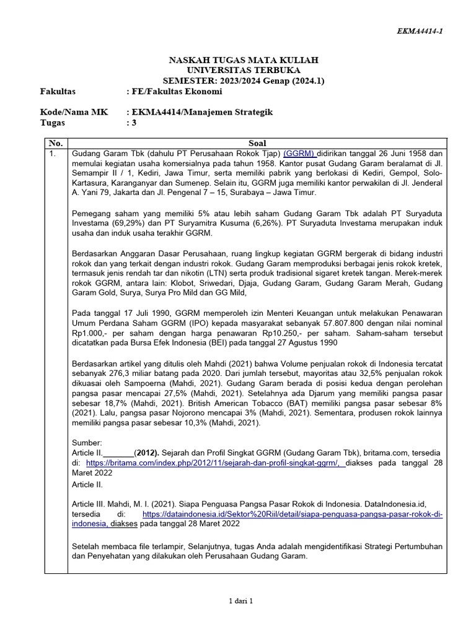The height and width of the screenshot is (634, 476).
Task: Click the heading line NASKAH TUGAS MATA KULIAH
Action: [244, 60]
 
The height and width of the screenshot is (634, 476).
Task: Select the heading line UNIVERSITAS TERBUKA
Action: [244, 71]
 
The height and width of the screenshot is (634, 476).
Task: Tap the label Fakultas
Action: [58, 91]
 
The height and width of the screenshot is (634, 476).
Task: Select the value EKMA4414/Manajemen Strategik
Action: [199, 112]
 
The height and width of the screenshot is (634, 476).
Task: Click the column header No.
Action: [56, 143]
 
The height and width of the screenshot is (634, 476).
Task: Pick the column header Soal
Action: [257, 143]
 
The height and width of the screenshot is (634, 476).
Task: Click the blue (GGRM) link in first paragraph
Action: [300, 153]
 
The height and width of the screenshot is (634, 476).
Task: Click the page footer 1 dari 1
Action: [242, 601]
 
